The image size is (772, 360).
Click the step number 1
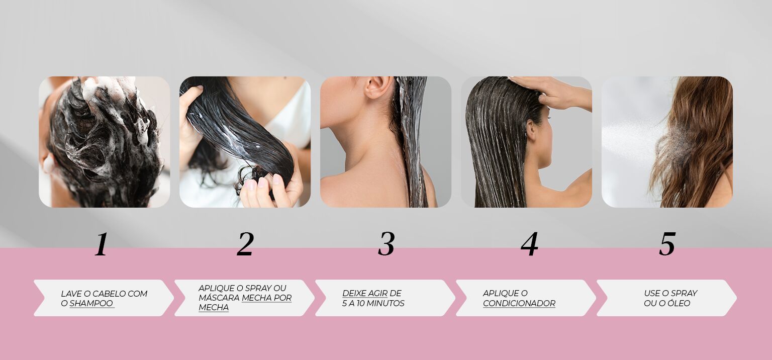[x=102, y=244]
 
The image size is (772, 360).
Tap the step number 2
[x=245, y=244]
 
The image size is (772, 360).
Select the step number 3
[x=386, y=244]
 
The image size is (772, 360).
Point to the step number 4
[x=529, y=244]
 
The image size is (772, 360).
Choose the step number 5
[x=667, y=244]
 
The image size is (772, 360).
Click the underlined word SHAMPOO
[x=91, y=304]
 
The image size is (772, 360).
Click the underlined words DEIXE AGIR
[x=365, y=293]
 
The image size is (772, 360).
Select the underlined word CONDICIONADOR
[x=519, y=304]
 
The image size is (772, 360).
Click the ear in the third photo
[x=374, y=88]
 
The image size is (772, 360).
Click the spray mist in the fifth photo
[x=633, y=136]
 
